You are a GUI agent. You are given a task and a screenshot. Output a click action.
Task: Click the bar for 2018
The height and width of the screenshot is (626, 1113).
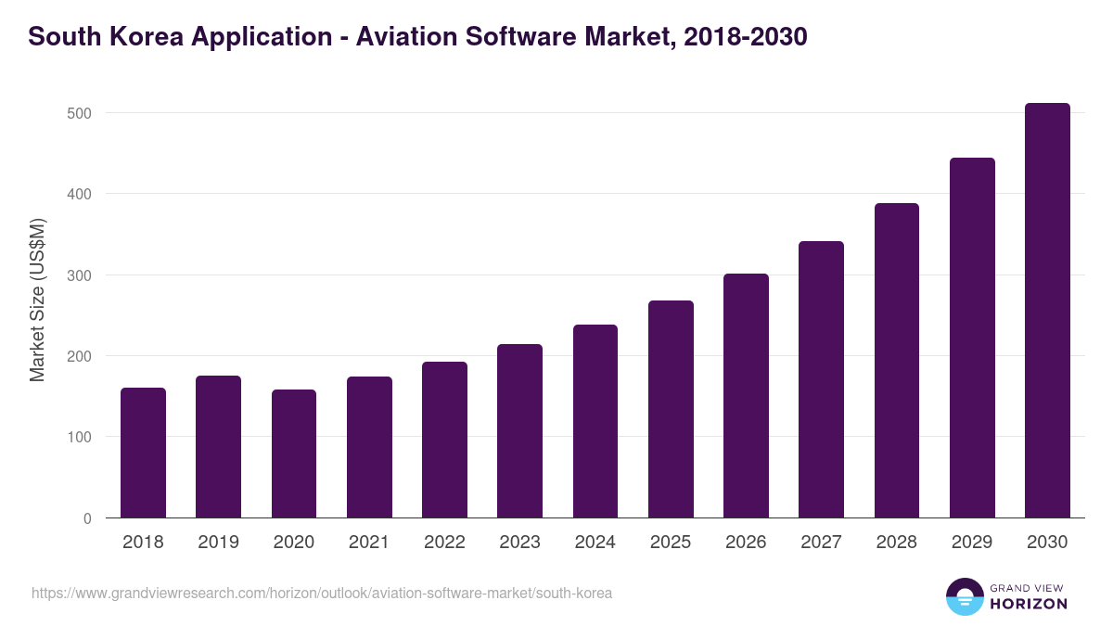(x=143, y=454)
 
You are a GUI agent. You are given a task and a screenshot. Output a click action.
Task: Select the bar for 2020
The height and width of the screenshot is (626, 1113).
(x=294, y=454)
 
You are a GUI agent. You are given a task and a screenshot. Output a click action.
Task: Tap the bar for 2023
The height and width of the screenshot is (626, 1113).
(x=519, y=431)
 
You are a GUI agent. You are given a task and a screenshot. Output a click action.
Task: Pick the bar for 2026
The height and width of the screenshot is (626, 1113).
(x=746, y=396)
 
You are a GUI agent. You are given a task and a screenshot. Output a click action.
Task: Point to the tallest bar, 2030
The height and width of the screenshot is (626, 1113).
(x=1047, y=311)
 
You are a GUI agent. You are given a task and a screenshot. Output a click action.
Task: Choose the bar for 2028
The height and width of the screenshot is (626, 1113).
(x=896, y=361)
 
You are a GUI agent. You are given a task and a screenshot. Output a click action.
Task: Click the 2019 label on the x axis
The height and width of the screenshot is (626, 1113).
(x=218, y=543)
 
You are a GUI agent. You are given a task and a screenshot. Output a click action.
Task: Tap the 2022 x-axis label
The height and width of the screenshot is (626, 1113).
(x=444, y=543)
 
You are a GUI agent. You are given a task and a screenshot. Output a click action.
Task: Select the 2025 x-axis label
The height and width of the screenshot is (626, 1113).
(x=671, y=543)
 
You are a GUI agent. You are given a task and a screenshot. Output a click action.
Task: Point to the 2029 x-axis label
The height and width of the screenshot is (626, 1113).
(x=972, y=543)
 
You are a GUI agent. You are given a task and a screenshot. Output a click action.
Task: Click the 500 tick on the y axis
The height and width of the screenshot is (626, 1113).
(x=80, y=113)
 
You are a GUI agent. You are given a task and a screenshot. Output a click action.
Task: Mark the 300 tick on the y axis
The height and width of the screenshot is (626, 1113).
(x=80, y=275)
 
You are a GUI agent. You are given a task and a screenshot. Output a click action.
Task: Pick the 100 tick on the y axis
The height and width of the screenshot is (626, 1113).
(x=80, y=437)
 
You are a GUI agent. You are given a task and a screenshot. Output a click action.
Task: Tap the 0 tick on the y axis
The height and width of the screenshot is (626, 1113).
(x=87, y=518)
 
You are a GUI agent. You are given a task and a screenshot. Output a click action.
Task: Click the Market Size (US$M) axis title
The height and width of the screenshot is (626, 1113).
(x=37, y=299)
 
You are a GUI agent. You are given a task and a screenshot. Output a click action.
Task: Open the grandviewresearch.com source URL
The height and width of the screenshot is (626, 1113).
(x=321, y=593)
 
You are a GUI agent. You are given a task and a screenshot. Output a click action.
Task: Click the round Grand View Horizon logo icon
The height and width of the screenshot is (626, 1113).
(x=964, y=596)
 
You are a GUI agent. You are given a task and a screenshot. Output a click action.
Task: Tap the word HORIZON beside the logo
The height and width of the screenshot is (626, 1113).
(x=1029, y=604)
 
